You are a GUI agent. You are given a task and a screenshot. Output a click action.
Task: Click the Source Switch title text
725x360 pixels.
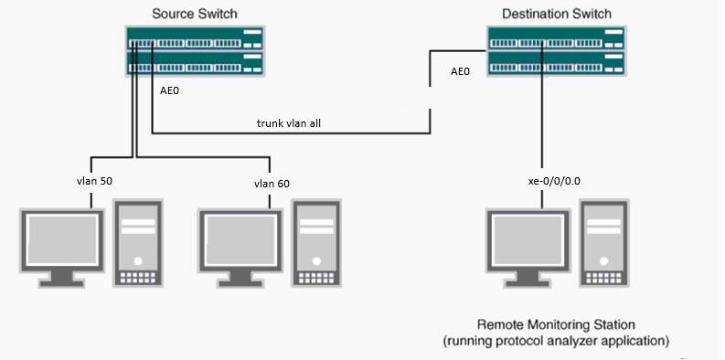pyautogui.click(x=195, y=14)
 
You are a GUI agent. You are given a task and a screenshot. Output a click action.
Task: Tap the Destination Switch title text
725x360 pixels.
pyautogui.click(x=557, y=14)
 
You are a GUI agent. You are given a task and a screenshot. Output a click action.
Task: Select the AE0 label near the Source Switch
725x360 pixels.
pyautogui.click(x=169, y=90)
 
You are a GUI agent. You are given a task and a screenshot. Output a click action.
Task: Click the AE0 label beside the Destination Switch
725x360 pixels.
pyautogui.click(x=460, y=71)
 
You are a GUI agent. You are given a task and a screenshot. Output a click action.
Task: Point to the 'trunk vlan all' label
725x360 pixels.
pyautogui.click(x=289, y=123)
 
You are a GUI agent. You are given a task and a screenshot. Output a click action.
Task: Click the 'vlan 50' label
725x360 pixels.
pyautogui.click(x=95, y=181)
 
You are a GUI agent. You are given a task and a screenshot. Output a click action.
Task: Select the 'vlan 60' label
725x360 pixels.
pyautogui.click(x=272, y=184)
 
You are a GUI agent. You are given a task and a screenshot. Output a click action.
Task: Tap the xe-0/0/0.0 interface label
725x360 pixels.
pyautogui.click(x=554, y=181)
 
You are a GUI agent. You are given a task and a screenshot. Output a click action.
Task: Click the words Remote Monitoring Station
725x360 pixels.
pyautogui.click(x=556, y=324)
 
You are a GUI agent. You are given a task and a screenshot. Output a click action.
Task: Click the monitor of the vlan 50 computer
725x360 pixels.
pyautogui.click(x=63, y=249)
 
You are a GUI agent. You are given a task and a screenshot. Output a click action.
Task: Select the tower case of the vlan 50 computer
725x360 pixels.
pyautogui.click(x=138, y=244)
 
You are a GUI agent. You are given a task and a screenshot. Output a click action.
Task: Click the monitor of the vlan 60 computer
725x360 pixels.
pyautogui.click(x=240, y=249)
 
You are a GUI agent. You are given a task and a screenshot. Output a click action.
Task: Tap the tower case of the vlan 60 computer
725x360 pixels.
pyautogui.click(x=316, y=244)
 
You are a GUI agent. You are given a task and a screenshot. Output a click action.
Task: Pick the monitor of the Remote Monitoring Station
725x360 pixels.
pyautogui.click(x=528, y=249)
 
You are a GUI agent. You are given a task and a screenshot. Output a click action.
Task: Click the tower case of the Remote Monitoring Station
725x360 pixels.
pyautogui.click(x=604, y=244)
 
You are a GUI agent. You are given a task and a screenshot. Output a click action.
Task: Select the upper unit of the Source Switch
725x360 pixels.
pyautogui.click(x=195, y=38)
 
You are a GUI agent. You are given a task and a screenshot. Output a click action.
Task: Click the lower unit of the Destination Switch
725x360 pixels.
pyautogui.click(x=556, y=63)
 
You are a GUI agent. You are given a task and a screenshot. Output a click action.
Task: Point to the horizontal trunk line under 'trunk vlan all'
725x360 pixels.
pyautogui.click(x=292, y=134)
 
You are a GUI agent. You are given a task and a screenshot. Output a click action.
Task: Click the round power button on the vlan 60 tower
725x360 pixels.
pyautogui.click(x=316, y=261)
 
